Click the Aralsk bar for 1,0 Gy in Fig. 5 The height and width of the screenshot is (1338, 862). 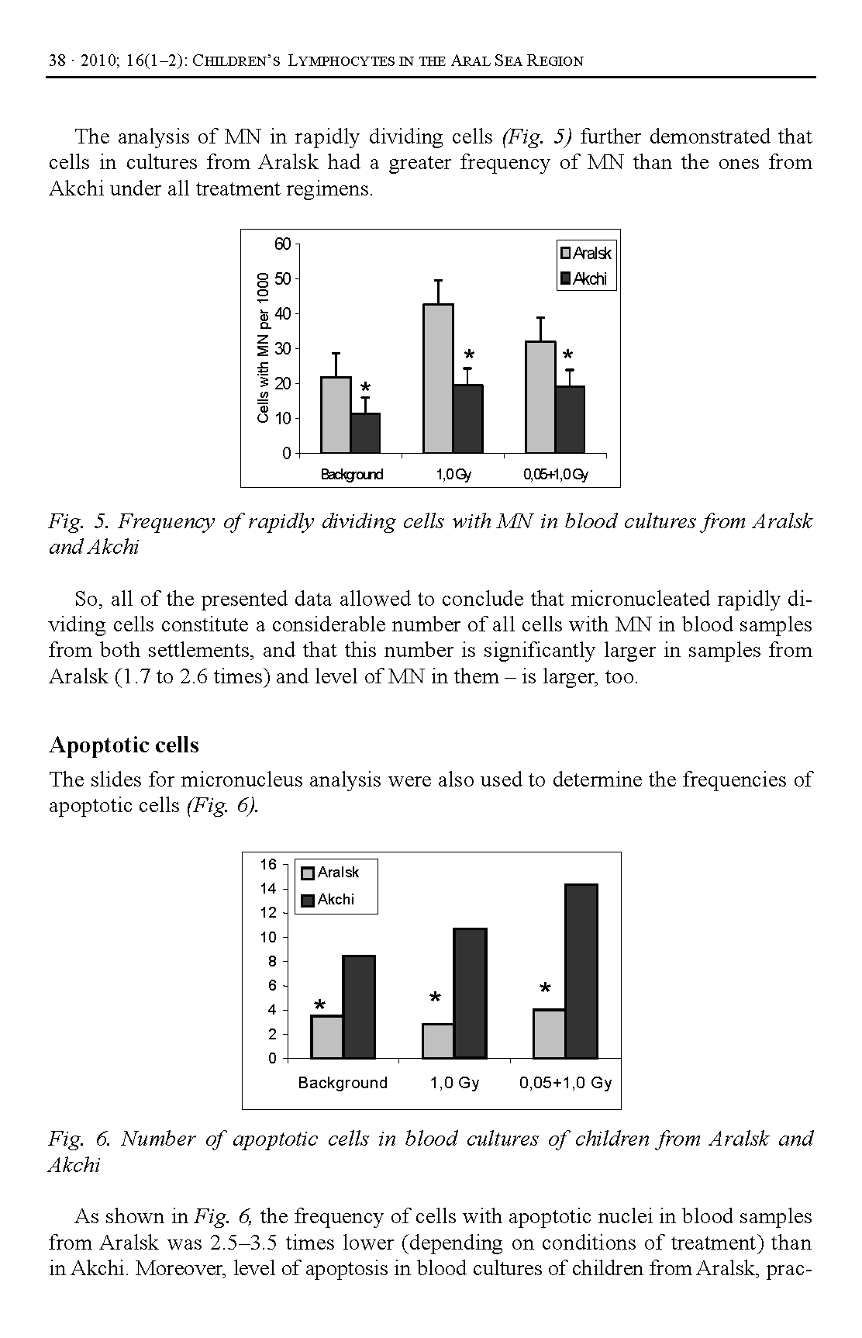point(438,378)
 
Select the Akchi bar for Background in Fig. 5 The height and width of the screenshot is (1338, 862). point(365,433)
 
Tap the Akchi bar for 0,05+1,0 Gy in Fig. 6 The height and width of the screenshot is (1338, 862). point(581,971)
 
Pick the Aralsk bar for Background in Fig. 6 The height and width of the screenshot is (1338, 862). point(326,1037)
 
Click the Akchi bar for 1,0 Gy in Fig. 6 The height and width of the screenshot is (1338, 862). point(470,993)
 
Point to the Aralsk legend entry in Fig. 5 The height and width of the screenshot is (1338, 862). point(585,254)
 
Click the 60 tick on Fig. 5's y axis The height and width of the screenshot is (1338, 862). point(283,244)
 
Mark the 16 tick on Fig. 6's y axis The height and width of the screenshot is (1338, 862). point(268,865)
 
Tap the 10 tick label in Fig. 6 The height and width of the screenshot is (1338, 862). point(268,937)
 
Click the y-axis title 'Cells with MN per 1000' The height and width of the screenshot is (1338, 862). point(264,347)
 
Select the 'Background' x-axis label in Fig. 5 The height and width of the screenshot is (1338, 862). point(352,475)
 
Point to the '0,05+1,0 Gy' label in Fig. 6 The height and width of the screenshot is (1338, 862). point(565,1083)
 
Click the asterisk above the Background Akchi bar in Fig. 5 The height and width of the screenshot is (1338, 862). point(366,387)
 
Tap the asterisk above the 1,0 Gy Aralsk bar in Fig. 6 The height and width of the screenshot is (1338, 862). point(435,997)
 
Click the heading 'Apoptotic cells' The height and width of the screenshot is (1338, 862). point(124,745)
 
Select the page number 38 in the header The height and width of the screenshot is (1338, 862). point(57,61)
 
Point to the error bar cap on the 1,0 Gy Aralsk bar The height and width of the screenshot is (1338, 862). point(438,280)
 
